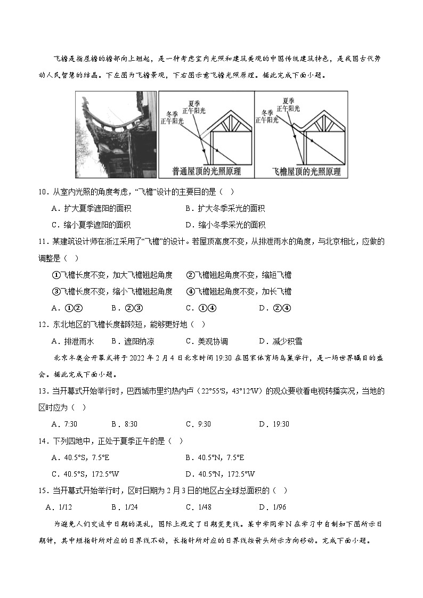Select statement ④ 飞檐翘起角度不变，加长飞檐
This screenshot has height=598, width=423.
(x=239, y=291)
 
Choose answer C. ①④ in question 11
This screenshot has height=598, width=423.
(x=200, y=308)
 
